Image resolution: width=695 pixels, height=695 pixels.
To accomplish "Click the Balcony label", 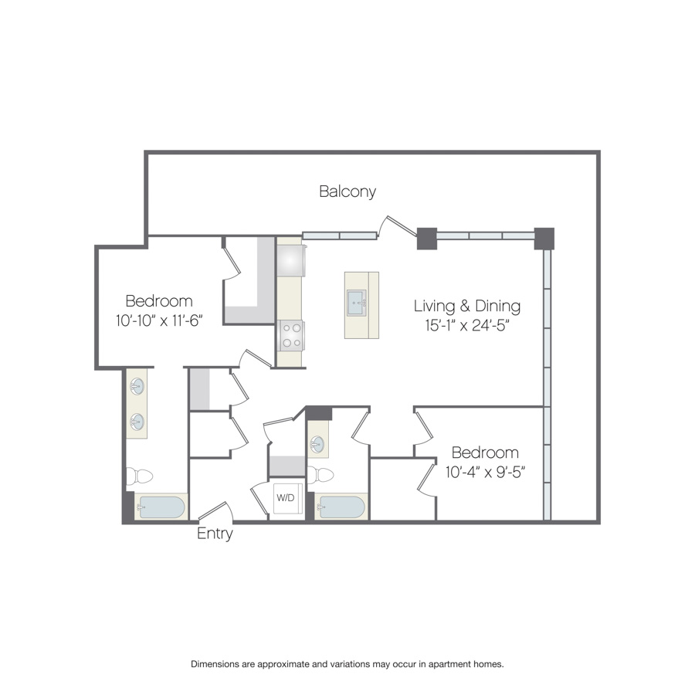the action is pyautogui.click(x=347, y=192).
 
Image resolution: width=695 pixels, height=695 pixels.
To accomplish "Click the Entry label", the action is pyautogui.click(x=215, y=533).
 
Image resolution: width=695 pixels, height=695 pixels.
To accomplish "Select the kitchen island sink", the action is pyautogui.click(x=357, y=303).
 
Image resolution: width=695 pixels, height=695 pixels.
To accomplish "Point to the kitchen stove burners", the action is pyautogui.click(x=291, y=336).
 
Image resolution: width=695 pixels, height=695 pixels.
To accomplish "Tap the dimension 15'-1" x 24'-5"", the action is pyautogui.click(x=466, y=325).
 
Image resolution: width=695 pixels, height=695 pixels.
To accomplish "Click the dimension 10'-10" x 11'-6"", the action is pyautogui.click(x=159, y=320).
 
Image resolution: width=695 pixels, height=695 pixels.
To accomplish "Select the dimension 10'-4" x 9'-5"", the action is pyautogui.click(x=486, y=472).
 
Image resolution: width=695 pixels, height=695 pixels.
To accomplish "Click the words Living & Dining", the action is pyautogui.click(x=467, y=306).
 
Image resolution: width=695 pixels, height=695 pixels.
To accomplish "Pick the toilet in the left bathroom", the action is pyautogui.click(x=139, y=476).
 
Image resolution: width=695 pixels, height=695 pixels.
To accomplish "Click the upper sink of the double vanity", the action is pyautogui.click(x=137, y=387).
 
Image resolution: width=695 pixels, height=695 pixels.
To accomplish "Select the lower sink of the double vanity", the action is pyautogui.click(x=137, y=422).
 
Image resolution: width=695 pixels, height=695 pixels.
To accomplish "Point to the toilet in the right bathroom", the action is pyautogui.click(x=320, y=475).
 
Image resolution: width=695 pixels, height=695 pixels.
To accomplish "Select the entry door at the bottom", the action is pyautogui.click(x=215, y=511).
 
